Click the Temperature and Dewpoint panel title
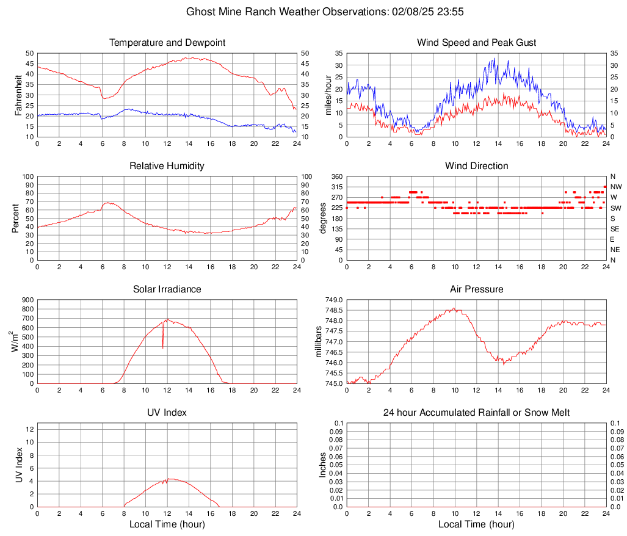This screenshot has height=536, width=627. pyautogui.click(x=167, y=43)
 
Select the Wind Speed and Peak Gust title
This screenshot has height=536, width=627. pyautogui.click(x=476, y=43)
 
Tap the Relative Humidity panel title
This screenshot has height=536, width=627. pyautogui.click(x=167, y=166)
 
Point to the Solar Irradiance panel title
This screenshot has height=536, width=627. pyautogui.click(x=167, y=289)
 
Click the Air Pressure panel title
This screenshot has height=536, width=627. pyautogui.click(x=476, y=289)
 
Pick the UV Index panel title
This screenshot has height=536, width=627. pyautogui.click(x=167, y=413)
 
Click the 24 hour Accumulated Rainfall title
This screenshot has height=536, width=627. pyautogui.click(x=476, y=413)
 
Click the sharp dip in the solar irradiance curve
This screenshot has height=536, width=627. pyautogui.click(x=163, y=348)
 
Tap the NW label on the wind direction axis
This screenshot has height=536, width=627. pyautogui.click(x=615, y=187)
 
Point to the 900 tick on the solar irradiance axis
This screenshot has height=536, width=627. pyautogui.click(x=27, y=300)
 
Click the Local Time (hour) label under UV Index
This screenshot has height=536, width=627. pyautogui.click(x=167, y=524)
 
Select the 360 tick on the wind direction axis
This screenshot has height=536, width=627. pyautogui.click(x=335, y=176)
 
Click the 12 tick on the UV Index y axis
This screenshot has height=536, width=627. pyautogui.click(x=29, y=429)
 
